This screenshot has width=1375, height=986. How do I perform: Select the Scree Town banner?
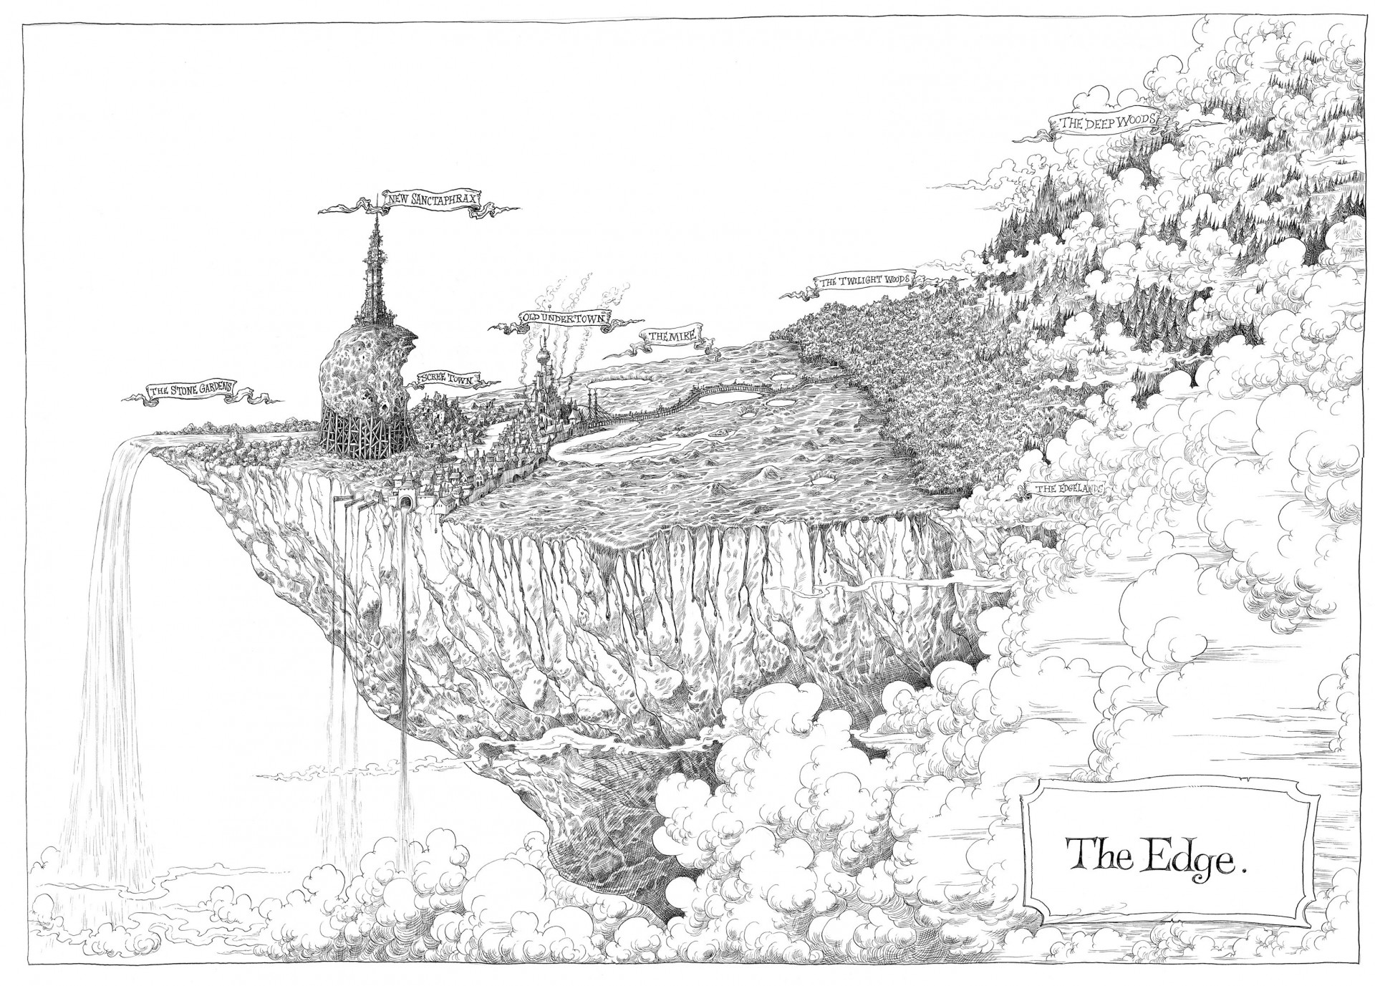point(445,380)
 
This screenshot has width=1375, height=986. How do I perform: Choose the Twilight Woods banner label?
point(865,281)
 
